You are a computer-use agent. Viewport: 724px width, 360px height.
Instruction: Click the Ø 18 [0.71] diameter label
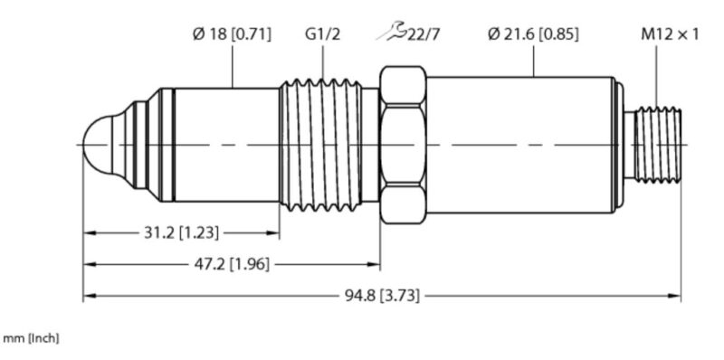pyautogui.click(x=232, y=34)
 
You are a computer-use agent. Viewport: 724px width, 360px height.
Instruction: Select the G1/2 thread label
pyautogui.click(x=322, y=34)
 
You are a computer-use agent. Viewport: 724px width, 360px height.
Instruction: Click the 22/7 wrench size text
pyautogui.click(x=422, y=34)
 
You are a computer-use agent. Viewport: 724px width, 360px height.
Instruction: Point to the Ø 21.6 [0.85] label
pyautogui.click(x=533, y=34)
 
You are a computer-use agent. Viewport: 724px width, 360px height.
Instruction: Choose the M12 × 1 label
pyautogui.click(x=670, y=34)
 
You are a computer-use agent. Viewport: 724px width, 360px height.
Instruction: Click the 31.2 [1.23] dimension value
pyautogui.click(x=181, y=233)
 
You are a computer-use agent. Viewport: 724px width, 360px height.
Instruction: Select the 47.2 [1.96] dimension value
pyautogui.click(x=231, y=264)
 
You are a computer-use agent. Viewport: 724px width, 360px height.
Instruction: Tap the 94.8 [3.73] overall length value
pyautogui.click(x=382, y=296)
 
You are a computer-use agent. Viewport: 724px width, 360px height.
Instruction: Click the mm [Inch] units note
pyautogui.click(x=31, y=339)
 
